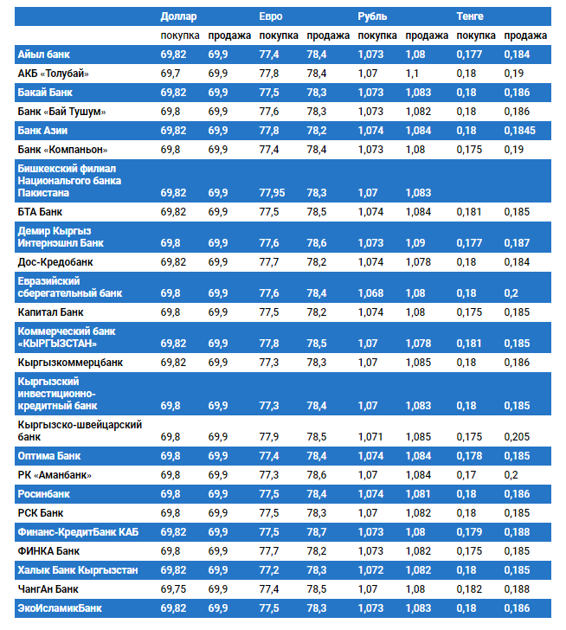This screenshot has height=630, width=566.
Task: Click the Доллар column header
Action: [x=178, y=16]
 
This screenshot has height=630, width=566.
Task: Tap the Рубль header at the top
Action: [x=372, y=16]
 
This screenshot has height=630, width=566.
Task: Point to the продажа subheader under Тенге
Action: [x=525, y=35]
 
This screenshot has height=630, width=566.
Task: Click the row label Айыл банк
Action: [x=44, y=55]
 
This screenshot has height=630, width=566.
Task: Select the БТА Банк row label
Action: [x=40, y=211]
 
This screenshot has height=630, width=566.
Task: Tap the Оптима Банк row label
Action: [x=49, y=455]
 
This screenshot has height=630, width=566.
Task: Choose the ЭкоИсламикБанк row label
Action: [x=60, y=608]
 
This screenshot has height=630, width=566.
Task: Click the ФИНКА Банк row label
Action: [x=48, y=550]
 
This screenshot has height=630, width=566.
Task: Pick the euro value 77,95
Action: [x=272, y=192]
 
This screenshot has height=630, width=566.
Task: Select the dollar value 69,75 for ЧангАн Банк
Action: [x=174, y=588]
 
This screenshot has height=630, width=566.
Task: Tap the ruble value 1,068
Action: [x=370, y=293]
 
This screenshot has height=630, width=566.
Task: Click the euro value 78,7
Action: [x=316, y=531]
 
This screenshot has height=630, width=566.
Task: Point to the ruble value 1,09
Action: [x=415, y=243]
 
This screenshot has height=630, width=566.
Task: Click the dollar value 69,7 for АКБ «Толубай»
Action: [x=170, y=74]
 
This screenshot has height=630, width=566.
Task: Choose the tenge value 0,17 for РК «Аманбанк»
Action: [x=466, y=475]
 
